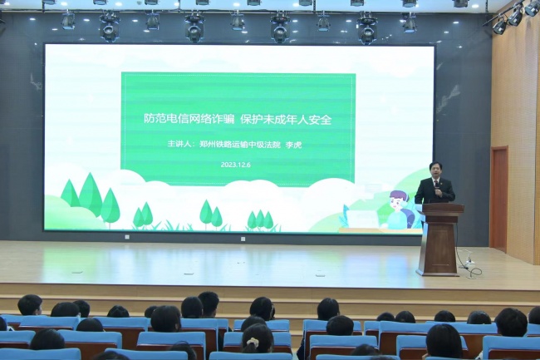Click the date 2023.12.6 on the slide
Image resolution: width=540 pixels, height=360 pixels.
click(236, 165)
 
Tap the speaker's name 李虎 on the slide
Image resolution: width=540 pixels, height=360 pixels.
click(294, 145)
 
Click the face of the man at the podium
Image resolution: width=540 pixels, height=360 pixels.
click(435, 171)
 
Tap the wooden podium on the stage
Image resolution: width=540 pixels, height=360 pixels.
click(439, 239)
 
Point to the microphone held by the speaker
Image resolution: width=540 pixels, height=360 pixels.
click(437, 190)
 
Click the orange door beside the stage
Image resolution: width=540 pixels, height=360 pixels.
click(499, 199)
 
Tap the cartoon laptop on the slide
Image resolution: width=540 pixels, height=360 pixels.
click(362, 219)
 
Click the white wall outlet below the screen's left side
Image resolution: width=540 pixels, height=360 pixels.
click(127, 237)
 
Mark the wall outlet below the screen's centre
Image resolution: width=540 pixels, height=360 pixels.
click(243, 239)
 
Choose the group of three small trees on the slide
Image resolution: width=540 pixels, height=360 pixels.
click(260, 219)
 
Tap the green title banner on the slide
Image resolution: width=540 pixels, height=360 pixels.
click(238, 128)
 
